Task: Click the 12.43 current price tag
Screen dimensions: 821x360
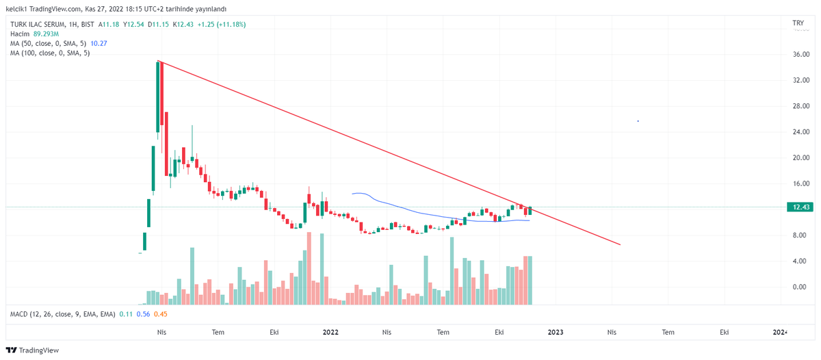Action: tap(800, 207)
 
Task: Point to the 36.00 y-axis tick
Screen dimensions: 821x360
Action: tap(801, 54)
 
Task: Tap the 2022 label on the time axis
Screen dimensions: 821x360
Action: tap(330, 332)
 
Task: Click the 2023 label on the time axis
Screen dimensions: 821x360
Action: tap(556, 332)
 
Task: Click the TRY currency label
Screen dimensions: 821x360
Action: tap(798, 23)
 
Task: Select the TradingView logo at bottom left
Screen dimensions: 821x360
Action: tap(32, 350)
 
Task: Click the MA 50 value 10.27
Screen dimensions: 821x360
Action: tap(99, 43)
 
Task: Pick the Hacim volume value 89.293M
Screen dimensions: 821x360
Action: tap(46, 34)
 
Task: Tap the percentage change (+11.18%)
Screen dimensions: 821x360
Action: tap(231, 24)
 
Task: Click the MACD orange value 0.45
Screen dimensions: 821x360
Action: tap(161, 314)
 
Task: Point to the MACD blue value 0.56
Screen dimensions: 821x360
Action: tap(143, 314)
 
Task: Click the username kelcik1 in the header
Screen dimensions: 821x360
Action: tap(16, 9)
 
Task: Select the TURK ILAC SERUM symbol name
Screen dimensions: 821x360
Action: tap(38, 24)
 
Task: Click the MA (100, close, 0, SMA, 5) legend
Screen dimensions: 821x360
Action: tap(50, 53)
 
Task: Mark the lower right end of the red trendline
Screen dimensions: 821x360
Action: tap(620, 244)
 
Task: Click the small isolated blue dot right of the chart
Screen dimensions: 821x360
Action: tap(638, 121)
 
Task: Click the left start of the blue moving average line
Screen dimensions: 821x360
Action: tap(352, 194)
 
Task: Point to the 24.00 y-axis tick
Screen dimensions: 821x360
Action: tap(801, 132)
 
